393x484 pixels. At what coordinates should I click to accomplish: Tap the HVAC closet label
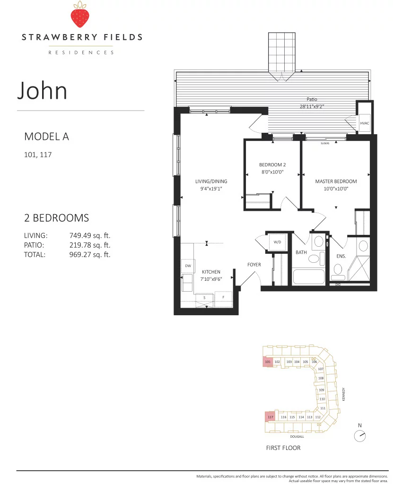[x=364, y=123]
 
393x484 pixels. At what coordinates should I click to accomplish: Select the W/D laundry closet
[x=278, y=242]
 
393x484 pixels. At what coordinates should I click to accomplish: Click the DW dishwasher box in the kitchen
[x=188, y=266]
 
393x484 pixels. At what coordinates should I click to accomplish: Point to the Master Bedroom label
[x=336, y=181]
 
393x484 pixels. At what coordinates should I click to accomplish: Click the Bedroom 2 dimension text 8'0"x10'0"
[x=272, y=172]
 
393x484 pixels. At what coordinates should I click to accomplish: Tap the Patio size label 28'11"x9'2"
[x=312, y=106]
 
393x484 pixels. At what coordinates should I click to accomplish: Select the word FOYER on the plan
[x=254, y=265]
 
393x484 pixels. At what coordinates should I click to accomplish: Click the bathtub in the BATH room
[x=309, y=277]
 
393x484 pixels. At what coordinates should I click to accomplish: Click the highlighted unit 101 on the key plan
[x=268, y=362]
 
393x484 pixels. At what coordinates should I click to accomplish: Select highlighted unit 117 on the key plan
[x=270, y=417]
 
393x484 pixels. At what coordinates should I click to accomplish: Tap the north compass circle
[x=359, y=436]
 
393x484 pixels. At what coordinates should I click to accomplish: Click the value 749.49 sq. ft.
[x=89, y=235]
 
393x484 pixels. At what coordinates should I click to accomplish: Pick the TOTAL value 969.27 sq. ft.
[x=89, y=255]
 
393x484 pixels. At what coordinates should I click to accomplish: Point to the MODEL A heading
[x=47, y=137]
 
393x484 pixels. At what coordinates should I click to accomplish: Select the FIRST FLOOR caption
[x=283, y=448]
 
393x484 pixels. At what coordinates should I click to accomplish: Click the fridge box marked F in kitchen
[x=223, y=299]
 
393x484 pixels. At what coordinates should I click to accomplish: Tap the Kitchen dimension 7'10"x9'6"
[x=211, y=279]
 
